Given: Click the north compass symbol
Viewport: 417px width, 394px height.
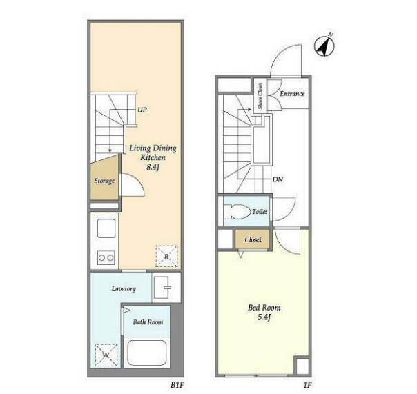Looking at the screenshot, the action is [324, 46].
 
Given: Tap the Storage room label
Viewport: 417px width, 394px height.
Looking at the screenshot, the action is [104, 181].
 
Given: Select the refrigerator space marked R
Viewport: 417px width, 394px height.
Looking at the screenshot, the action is [167, 256].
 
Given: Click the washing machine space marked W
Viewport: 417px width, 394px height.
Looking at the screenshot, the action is [106, 355].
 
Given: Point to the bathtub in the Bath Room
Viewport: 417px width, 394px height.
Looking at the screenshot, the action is [147, 353].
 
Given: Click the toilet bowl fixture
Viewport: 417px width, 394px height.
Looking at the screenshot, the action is [237, 212].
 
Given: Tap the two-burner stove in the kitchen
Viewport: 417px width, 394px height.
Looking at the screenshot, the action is [106, 257].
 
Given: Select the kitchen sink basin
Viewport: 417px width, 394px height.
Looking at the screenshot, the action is [106, 228].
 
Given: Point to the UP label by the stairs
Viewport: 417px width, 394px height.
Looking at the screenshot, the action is [142, 110].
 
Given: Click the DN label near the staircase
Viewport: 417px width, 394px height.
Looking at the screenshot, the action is [278, 179].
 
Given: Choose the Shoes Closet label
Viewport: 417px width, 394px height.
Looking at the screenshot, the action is [260, 95].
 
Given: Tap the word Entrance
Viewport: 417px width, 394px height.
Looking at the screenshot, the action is [292, 93].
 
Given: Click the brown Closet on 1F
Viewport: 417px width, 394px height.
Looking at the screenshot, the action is [253, 239].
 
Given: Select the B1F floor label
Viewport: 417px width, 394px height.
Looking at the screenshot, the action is [177, 385].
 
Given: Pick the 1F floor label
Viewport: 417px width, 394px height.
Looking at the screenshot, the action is [307, 385].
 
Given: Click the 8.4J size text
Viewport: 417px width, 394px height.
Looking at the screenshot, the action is [153, 167].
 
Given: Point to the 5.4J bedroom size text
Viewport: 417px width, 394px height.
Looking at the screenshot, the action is [264, 317].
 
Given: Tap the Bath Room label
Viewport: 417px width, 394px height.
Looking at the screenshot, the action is [148, 322].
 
